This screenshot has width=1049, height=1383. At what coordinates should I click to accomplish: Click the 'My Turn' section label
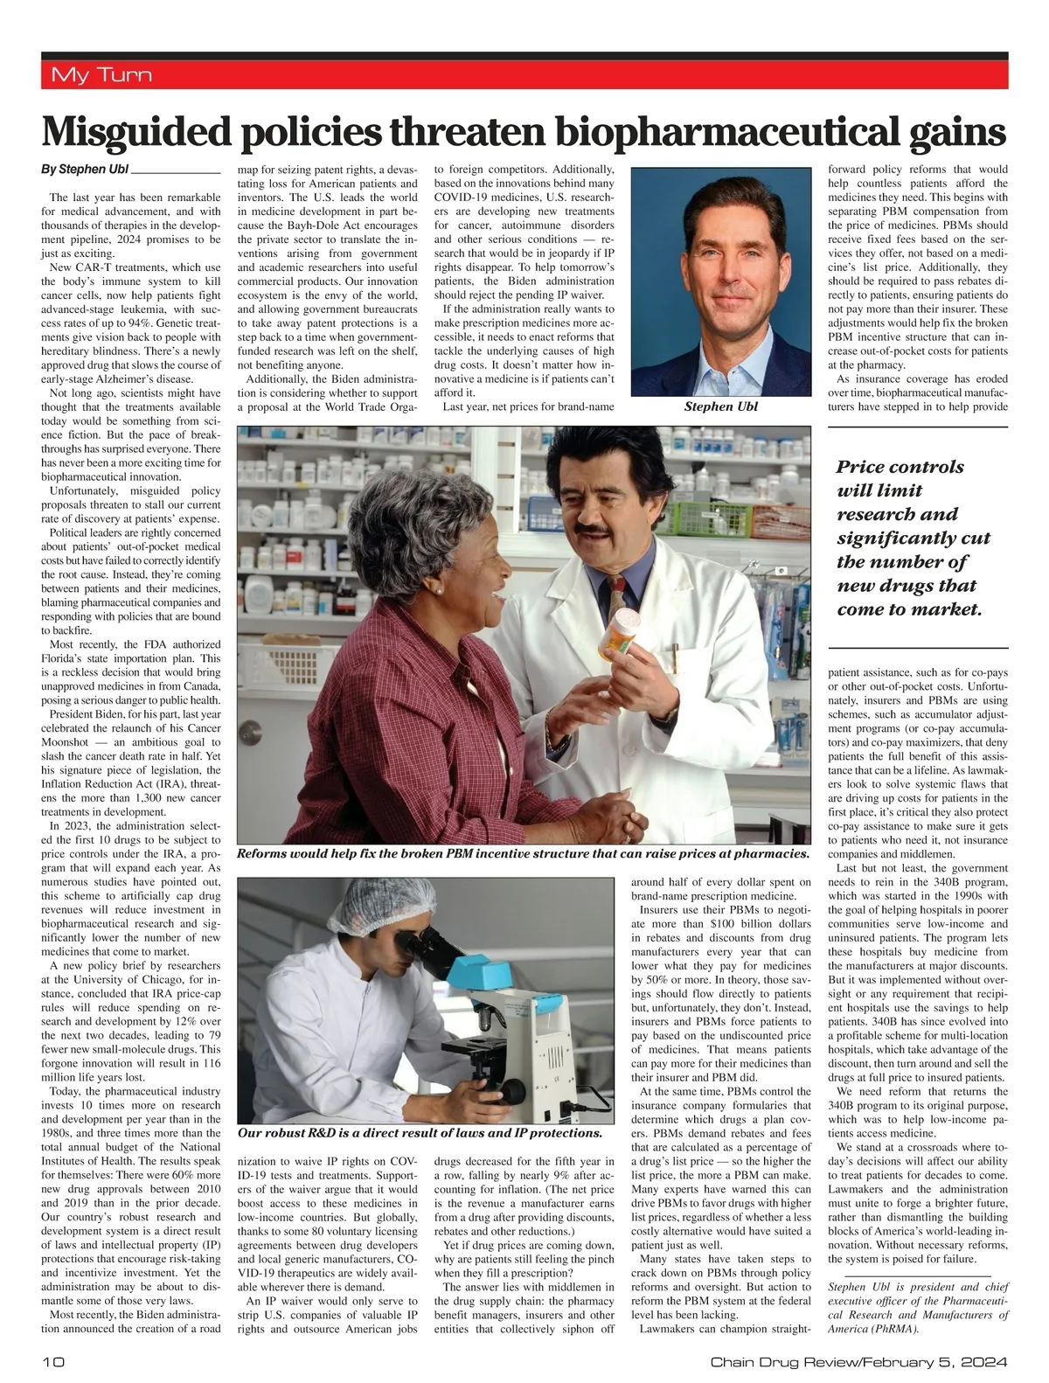pyautogui.click(x=101, y=75)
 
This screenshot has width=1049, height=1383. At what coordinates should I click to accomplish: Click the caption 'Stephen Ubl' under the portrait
pyautogui.click(x=721, y=407)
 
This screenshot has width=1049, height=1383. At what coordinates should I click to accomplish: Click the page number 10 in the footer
pyautogui.click(x=51, y=1362)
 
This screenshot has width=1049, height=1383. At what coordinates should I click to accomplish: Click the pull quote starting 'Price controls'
pyautogui.click(x=909, y=538)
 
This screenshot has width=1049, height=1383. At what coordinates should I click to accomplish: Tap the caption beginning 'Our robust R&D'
pyautogui.click(x=420, y=1133)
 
